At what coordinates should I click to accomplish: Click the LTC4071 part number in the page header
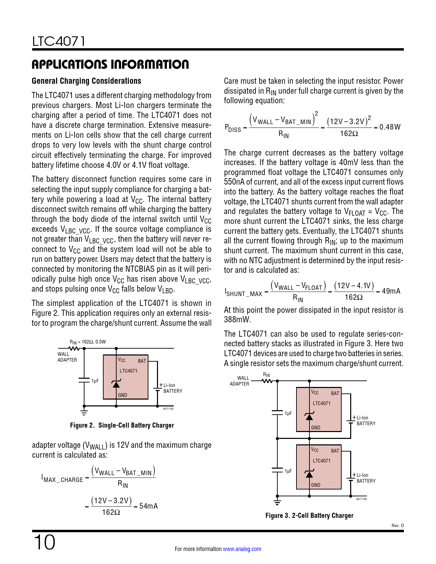58,41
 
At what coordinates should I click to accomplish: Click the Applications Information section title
110,64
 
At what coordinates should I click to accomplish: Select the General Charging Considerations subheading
87,81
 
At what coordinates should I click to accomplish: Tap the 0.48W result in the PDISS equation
389,127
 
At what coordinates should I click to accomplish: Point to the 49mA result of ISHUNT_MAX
391,291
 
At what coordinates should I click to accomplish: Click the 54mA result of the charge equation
148,506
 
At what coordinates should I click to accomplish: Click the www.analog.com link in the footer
242,549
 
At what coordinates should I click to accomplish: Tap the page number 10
44,542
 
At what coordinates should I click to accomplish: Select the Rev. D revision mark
397,526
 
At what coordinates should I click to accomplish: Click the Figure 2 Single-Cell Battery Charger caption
122,426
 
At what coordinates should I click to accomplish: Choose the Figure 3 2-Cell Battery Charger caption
309,515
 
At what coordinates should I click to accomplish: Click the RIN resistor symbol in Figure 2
74,349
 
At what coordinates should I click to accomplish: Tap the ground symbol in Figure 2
84,412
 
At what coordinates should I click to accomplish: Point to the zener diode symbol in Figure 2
116,384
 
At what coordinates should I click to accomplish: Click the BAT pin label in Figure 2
142,361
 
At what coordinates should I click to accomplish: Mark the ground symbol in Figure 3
277,502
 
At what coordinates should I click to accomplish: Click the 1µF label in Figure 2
95,381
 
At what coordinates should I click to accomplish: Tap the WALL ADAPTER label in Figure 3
240,381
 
